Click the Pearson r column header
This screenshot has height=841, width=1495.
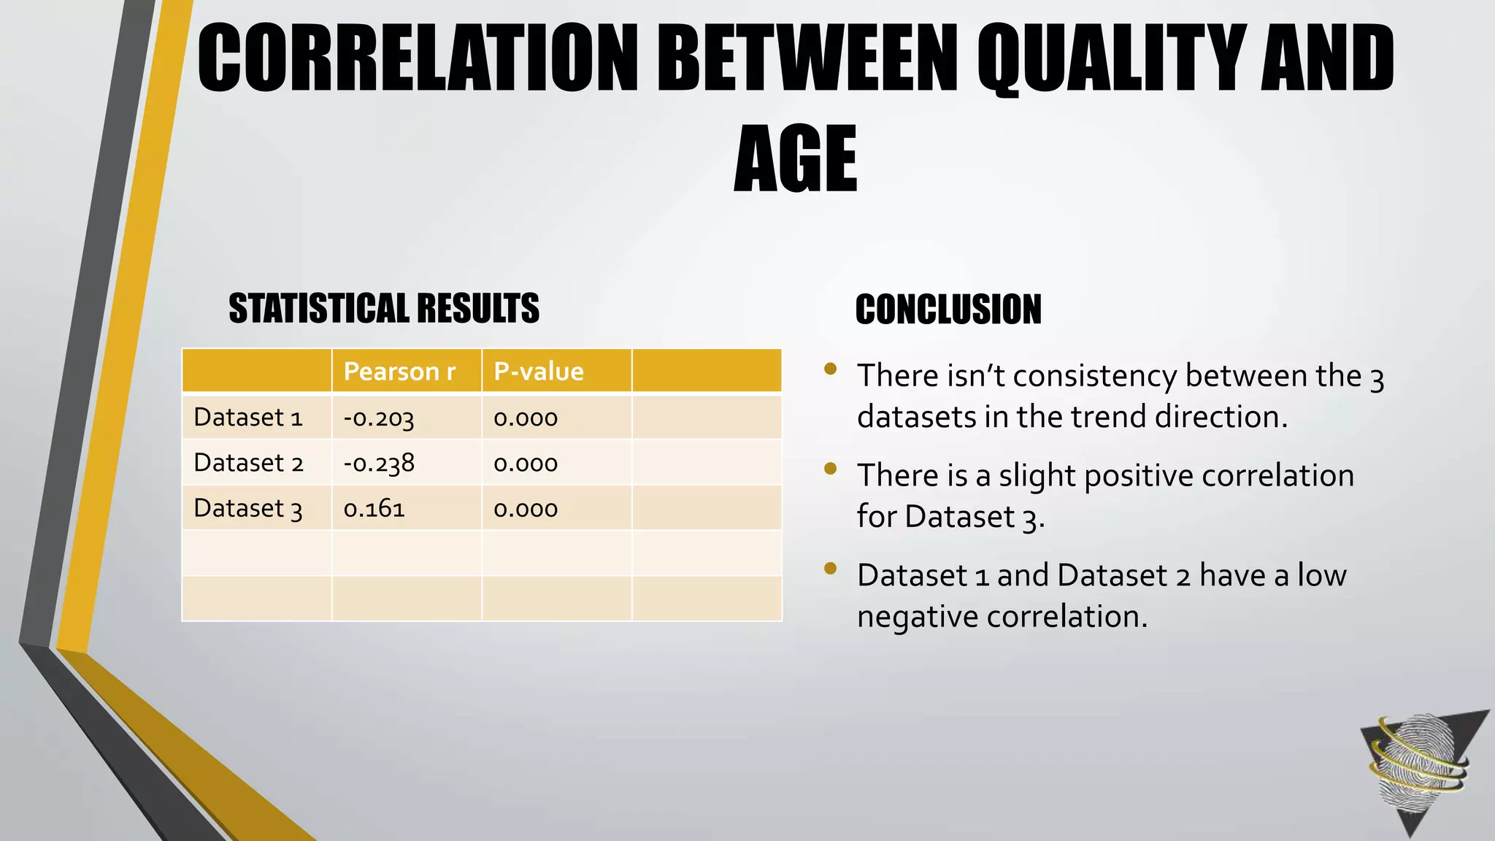pos(399,372)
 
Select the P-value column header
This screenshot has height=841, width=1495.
pos(539,372)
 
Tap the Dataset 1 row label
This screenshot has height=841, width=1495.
pos(247,418)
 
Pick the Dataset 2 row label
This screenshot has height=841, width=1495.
pos(247,463)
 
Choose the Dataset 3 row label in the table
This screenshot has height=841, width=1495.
pos(247,508)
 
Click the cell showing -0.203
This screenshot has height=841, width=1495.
pos(379,418)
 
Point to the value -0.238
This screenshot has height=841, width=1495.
pos(379,464)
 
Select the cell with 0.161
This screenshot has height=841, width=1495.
pos(374,509)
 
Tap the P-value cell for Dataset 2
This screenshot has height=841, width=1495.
pos(526,464)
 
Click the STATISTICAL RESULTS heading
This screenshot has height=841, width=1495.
pos(384,308)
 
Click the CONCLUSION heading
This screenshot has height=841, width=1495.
pos(948,310)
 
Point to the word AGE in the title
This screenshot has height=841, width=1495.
pos(795,160)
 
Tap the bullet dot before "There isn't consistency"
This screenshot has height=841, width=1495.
pos(830,369)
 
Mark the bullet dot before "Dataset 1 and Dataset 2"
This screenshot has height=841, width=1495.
pos(830,568)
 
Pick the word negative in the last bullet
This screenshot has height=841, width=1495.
pos(918,617)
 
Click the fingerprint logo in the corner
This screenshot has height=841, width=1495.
pos(1420,767)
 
